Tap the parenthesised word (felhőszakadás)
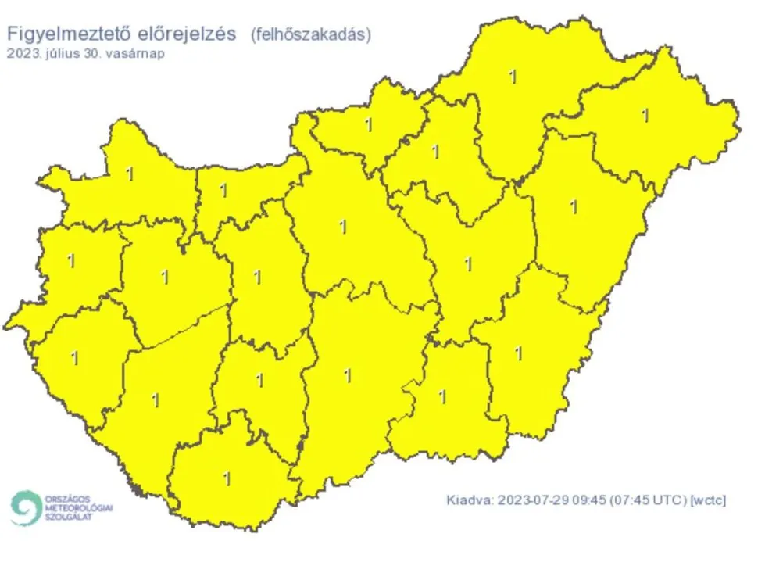point(310,34)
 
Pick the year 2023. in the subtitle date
point(23,54)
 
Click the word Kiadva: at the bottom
point(470,500)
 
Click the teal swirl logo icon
point(26,508)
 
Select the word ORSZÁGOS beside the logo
point(68,498)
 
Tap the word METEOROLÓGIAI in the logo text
point(79,508)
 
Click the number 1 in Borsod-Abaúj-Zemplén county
point(513,77)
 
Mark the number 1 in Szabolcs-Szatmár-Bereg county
point(645,115)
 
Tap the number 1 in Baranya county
point(227,478)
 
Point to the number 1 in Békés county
point(518,353)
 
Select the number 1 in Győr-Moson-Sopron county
point(130,174)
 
